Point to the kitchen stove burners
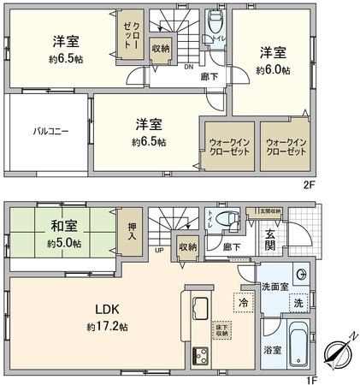pyautogui.click(x=202, y=353)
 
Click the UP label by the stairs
pyautogui.click(x=159, y=251)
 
